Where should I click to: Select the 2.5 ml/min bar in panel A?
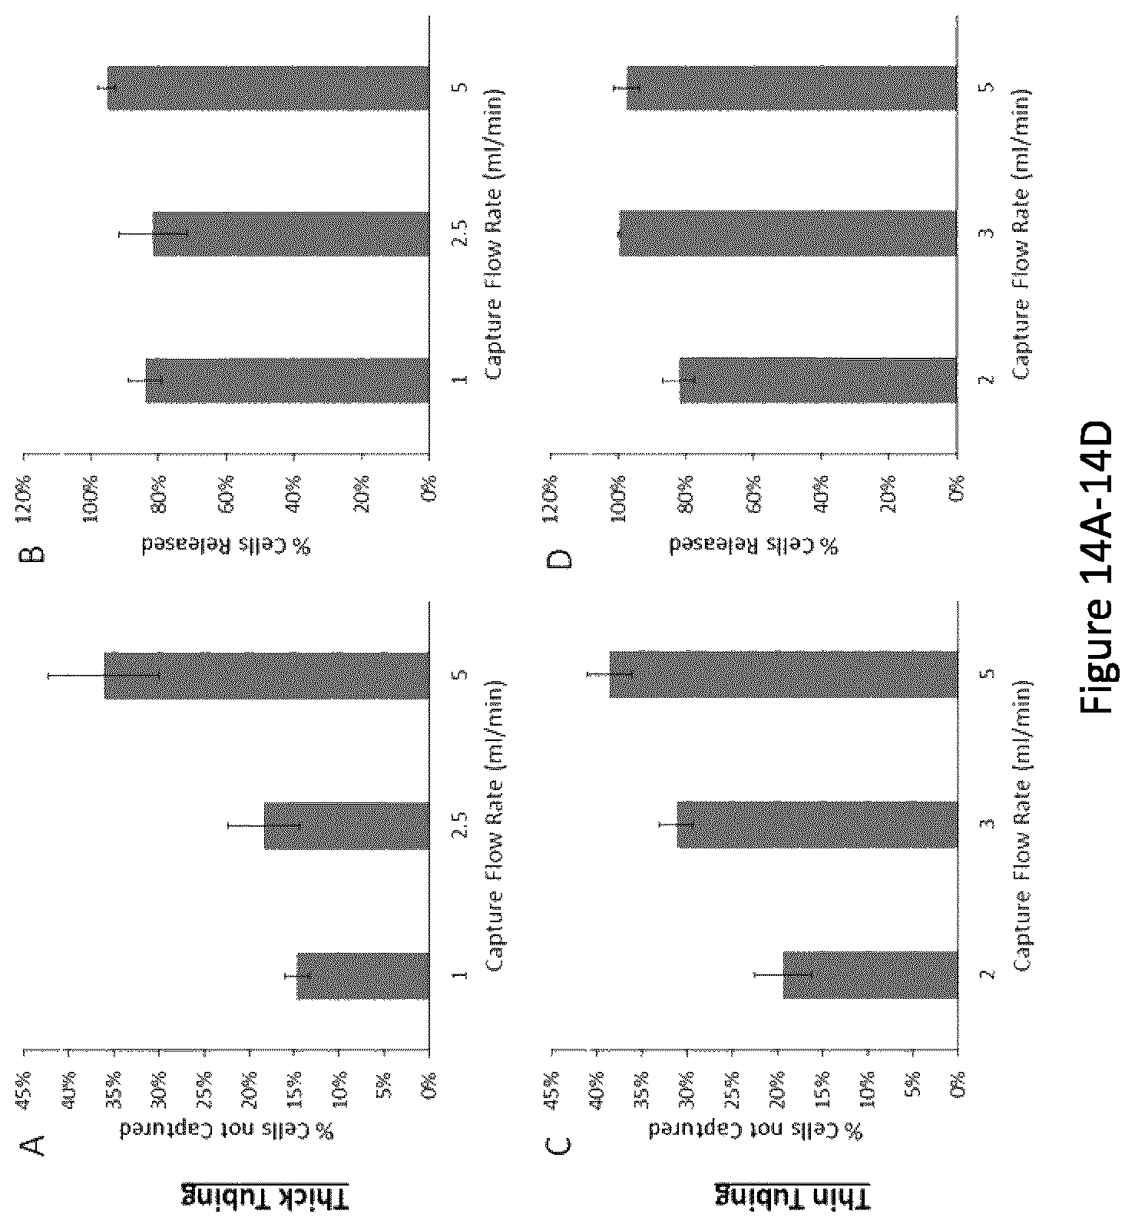point(346,826)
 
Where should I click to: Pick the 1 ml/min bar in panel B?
point(287,380)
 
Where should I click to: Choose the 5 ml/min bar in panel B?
point(268,89)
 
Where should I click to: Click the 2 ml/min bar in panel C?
point(870,975)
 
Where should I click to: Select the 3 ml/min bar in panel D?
point(788,233)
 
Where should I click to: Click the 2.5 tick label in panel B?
point(460,235)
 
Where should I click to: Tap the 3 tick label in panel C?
point(988,824)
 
